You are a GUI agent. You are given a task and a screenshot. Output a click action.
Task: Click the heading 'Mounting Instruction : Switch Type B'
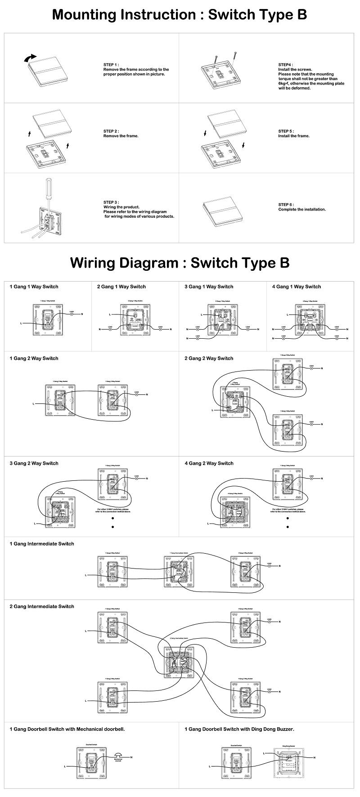180,14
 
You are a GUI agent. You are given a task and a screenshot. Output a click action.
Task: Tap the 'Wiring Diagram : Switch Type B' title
180,262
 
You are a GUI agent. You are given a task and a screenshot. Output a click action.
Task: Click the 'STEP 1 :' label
111,65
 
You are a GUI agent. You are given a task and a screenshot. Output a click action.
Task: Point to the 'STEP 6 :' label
286,205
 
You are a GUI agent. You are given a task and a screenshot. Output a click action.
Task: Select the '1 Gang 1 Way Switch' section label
34,287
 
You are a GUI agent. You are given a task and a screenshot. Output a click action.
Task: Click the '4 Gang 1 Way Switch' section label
297,287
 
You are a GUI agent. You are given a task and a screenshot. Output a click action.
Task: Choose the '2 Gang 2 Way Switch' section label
209,358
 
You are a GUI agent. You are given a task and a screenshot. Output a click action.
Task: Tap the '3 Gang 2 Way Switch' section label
34,463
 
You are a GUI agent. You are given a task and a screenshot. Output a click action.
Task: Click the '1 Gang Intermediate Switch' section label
42,544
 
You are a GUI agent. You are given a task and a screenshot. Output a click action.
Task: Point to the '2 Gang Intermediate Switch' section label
42,606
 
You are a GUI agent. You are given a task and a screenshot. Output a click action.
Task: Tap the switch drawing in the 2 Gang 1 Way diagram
134,319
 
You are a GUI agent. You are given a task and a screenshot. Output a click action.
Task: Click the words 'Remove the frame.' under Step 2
121,136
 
